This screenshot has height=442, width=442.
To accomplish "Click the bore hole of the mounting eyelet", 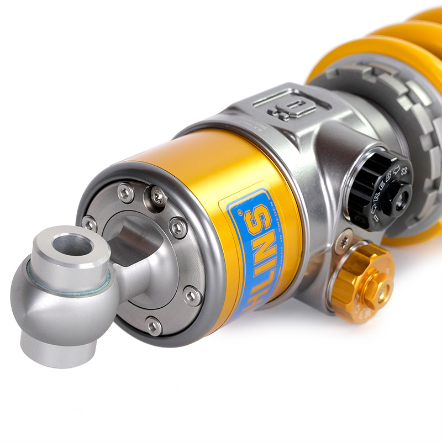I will (72, 245).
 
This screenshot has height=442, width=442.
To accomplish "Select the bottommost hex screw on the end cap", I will (153, 326).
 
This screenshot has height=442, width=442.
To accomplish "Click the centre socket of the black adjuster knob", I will (399, 197).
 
